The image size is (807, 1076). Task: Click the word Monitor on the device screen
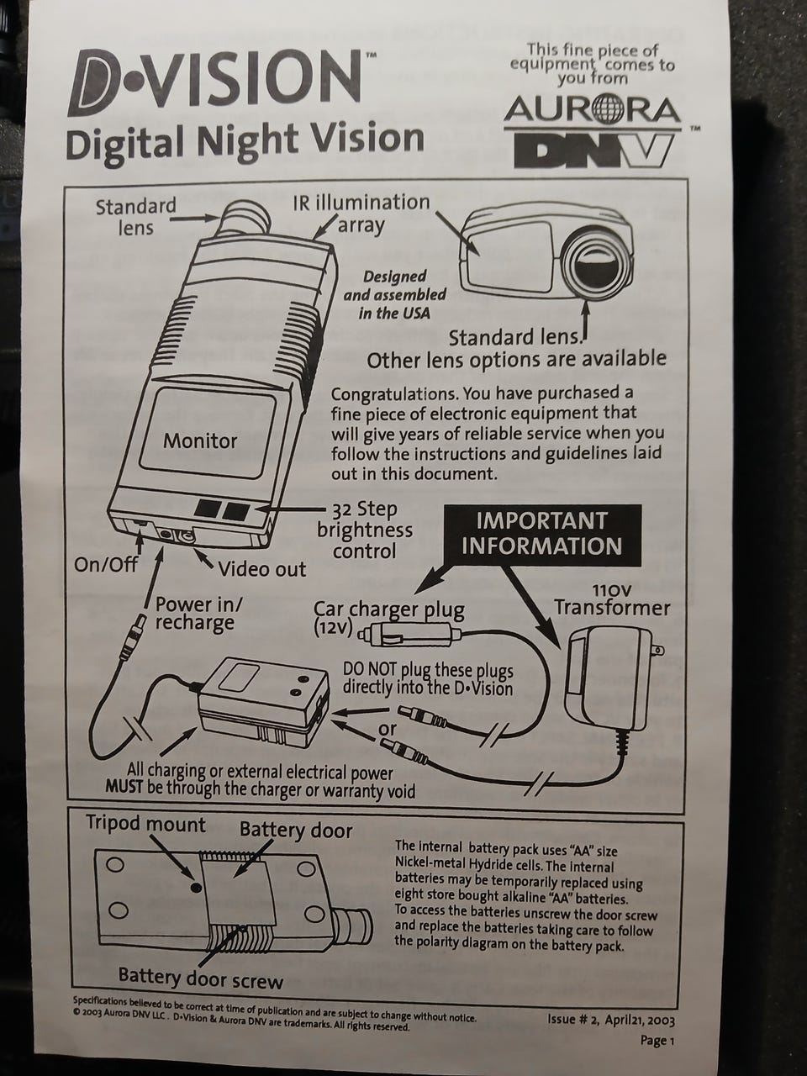pos(200,441)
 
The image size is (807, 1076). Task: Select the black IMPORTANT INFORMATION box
pos(542,535)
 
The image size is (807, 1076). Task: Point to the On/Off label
pos(106,565)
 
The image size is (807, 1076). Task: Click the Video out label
pos(262,569)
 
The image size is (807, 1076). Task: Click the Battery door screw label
pos(201,980)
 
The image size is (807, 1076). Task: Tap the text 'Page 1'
pos(657,1041)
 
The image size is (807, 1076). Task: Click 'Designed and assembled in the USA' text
pos(394,294)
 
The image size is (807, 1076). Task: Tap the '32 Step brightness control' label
pos(365,530)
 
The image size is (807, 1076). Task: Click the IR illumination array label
pos(361,214)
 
